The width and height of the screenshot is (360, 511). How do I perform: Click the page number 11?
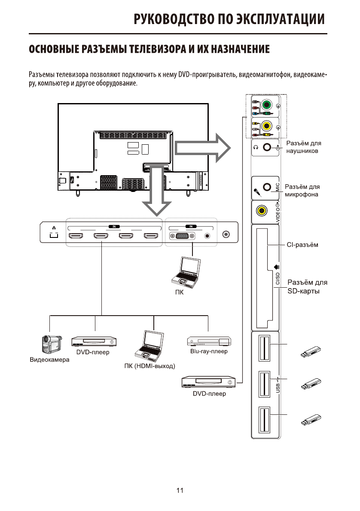click(x=180, y=490)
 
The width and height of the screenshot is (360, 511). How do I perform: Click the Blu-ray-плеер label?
click(x=208, y=352)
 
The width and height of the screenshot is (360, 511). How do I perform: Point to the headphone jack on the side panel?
click(x=267, y=147)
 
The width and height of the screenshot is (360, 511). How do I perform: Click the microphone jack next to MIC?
click(x=267, y=187)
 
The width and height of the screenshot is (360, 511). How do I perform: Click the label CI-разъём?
click(x=302, y=245)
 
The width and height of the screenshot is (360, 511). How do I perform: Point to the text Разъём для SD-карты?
click(x=307, y=286)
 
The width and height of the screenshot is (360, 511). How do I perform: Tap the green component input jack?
click(x=267, y=105)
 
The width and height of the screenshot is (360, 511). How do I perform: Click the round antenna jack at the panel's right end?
click(x=226, y=234)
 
